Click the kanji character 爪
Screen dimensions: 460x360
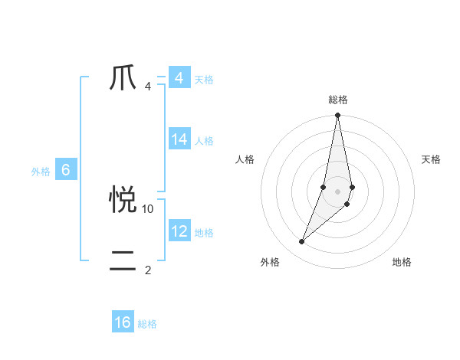(123, 78)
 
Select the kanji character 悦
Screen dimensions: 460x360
(123, 200)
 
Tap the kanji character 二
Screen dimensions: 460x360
(123, 261)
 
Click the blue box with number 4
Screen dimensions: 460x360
(179, 78)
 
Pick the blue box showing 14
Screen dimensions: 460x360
(179, 139)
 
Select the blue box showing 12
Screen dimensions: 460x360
(179, 231)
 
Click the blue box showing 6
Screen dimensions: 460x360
(66, 171)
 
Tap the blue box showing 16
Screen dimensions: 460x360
(123, 322)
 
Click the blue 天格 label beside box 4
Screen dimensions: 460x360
(204, 79)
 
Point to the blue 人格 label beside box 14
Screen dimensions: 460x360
(204, 141)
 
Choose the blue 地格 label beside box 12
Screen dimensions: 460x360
(204, 233)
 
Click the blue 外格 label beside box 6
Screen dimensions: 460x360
(41, 172)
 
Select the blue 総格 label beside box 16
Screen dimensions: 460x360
(147, 324)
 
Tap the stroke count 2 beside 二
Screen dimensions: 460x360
(148, 270)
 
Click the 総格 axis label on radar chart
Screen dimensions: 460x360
(338, 100)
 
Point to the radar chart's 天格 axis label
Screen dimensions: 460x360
(432, 159)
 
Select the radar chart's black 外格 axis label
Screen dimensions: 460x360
(270, 262)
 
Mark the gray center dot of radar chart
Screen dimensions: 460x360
(338, 191)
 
